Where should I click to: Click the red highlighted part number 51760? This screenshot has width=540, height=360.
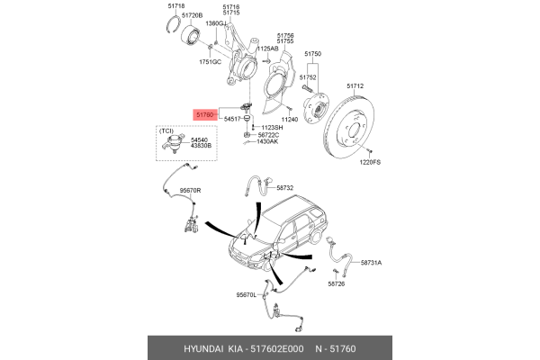pos(205,114)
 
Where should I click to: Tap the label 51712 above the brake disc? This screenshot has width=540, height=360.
pos(354,86)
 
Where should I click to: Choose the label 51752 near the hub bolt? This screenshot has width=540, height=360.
pos(309,77)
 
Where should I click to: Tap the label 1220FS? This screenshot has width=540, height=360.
pos(371,163)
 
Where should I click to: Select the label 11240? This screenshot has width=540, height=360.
pos(289,119)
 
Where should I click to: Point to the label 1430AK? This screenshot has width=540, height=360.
pos(267,142)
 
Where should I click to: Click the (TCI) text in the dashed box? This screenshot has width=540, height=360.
pos(167,131)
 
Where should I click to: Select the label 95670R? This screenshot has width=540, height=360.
pos(190,191)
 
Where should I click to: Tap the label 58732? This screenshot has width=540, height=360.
pos(284,188)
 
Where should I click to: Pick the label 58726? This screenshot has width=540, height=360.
pos(337,283)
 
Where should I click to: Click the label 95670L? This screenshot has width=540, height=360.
pos(247,294)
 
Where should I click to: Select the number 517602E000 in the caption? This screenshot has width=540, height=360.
pos(277,347)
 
